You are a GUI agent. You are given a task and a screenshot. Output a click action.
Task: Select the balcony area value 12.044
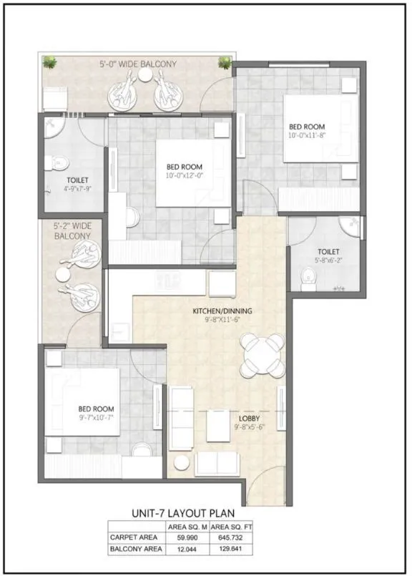[x=187, y=550]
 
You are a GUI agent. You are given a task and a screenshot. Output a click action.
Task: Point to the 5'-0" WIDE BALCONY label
[x=138, y=64]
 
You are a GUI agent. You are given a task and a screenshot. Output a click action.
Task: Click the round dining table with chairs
[x=262, y=355]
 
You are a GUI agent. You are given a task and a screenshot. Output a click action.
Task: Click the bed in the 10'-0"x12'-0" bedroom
[x=193, y=172]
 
